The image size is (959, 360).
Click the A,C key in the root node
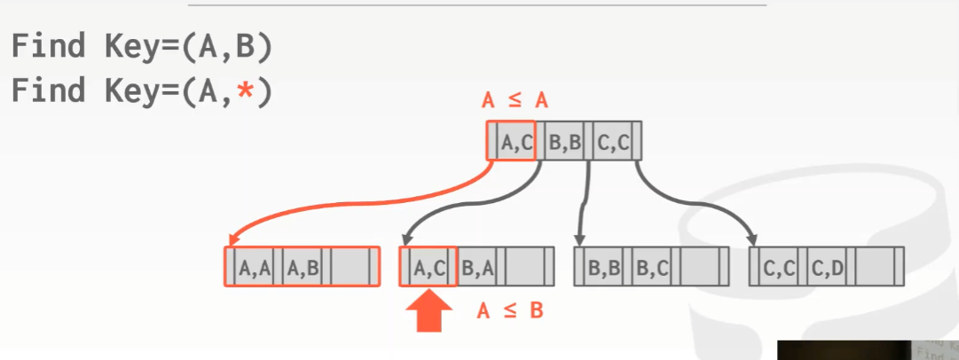point(516,141)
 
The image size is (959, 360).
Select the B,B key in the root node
point(564,141)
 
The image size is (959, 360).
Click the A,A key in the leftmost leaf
point(255,267)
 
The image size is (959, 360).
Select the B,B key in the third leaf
point(605,267)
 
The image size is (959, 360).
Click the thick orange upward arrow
point(428,312)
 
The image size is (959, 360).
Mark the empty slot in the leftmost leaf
point(350,267)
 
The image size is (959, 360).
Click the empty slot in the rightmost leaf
point(876,267)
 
